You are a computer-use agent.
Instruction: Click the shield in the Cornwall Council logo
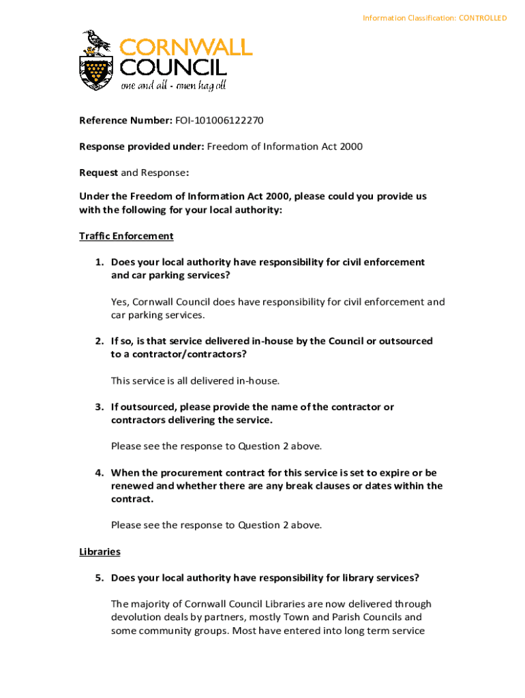(x=96, y=73)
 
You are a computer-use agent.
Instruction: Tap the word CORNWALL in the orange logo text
(x=186, y=47)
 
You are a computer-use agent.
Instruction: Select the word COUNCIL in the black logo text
(x=173, y=67)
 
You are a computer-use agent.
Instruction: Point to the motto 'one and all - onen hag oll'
(x=173, y=86)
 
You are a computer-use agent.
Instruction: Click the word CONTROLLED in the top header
(x=483, y=18)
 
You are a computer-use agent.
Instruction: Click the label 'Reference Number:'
(x=125, y=121)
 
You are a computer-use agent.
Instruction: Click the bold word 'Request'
(x=98, y=172)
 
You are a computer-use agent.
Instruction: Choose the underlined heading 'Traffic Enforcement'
(x=126, y=236)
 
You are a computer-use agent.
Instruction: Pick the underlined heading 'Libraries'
(x=100, y=551)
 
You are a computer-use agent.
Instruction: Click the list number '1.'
(x=100, y=262)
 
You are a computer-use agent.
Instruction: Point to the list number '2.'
(x=100, y=341)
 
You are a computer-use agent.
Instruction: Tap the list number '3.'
(x=100, y=407)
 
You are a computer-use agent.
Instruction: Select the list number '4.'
(x=100, y=472)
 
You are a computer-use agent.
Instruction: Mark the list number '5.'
(x=100, y=578)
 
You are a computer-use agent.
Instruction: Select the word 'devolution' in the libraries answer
(x=135, y=618)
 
